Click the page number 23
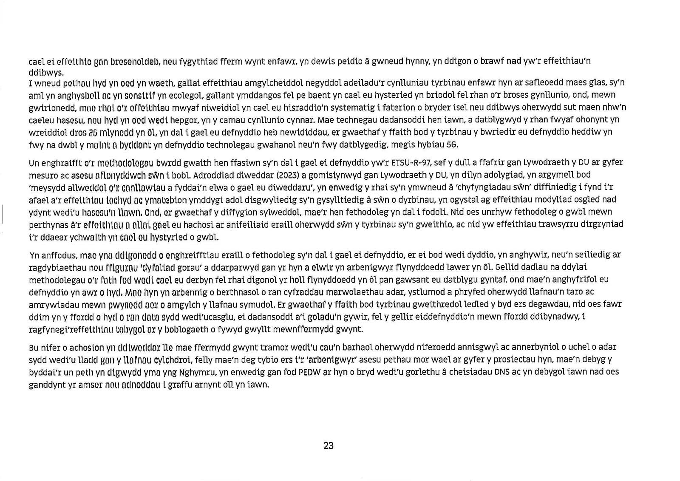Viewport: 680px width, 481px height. [329, 446]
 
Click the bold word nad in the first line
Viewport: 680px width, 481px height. [514, 61]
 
